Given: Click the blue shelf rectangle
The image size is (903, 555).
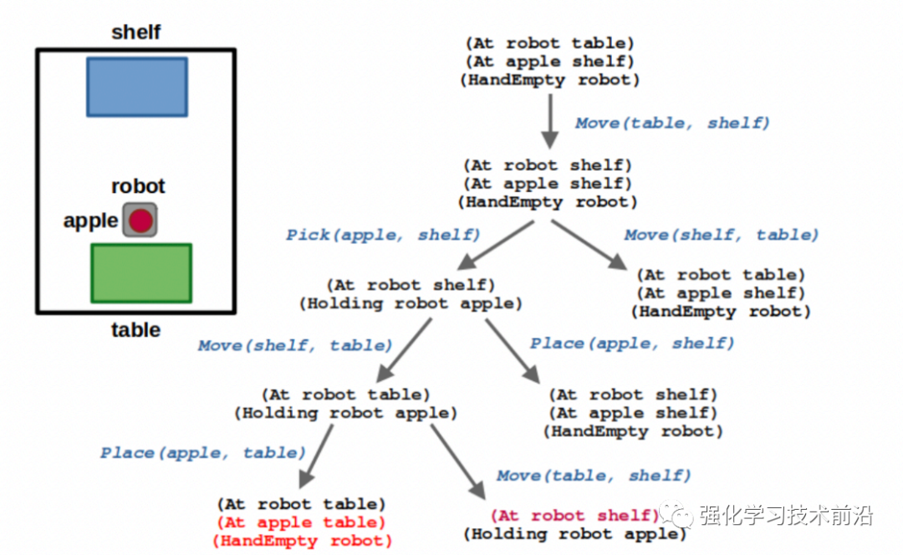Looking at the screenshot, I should (x=137, y=87).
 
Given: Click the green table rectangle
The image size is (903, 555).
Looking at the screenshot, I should (x=141, y=272).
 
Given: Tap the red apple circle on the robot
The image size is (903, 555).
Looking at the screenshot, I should (x=140, y=221).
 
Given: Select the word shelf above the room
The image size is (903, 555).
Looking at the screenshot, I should (x=135, y=33).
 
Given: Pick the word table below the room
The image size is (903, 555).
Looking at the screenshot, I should (x=135, y=329).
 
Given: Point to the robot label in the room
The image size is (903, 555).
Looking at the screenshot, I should (x=138, y=186).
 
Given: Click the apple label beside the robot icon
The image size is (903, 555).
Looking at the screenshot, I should (x=90, y=221).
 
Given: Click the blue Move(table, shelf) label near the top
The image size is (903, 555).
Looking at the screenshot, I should (x=671, y=123).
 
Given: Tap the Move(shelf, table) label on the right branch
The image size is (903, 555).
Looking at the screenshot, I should (x=722, y=235).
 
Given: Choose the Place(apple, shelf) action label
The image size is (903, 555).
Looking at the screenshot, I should (x=632, y=343).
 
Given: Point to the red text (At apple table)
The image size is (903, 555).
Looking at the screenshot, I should (x=301, y=522).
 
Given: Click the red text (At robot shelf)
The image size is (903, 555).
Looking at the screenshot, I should (x=575, y=516).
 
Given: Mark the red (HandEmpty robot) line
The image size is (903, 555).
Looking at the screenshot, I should (x=301, y=541).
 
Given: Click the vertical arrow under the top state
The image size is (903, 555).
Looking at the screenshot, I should (x=549, y=121).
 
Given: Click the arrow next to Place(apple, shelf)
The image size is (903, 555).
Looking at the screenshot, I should (x=510, y=349).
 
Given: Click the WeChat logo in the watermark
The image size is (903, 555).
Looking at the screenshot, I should (x=674, y=517).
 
